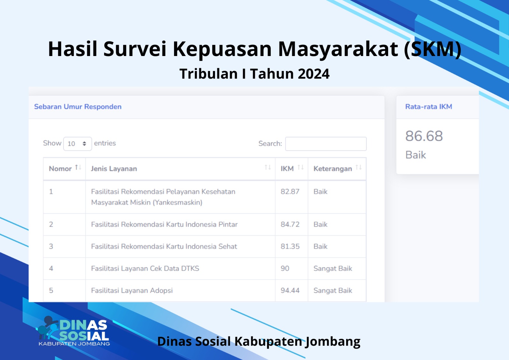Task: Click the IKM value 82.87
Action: tap(290, 192)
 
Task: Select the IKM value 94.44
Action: tap(290, 290)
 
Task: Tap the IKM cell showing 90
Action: tap(285, 268)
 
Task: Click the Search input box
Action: tap(326, 144)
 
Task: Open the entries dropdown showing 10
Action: tap(78, 144)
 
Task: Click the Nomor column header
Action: tap(60, 168)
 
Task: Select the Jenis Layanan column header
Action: tap(114, 169)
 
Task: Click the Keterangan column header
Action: tap(333, 169)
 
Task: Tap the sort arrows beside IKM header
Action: tap(301, 168)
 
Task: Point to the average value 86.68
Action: tap(424, 136)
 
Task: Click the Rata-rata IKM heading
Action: tap(429, 107)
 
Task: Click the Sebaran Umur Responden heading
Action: tap(78, 107)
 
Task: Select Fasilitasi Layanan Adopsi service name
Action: tap(132, 290)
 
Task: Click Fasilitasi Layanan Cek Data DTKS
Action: tap(145, 268)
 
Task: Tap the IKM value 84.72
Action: tap(290, 224)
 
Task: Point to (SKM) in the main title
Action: tap(433, 49)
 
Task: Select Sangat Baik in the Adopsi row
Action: tap(333, 290)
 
